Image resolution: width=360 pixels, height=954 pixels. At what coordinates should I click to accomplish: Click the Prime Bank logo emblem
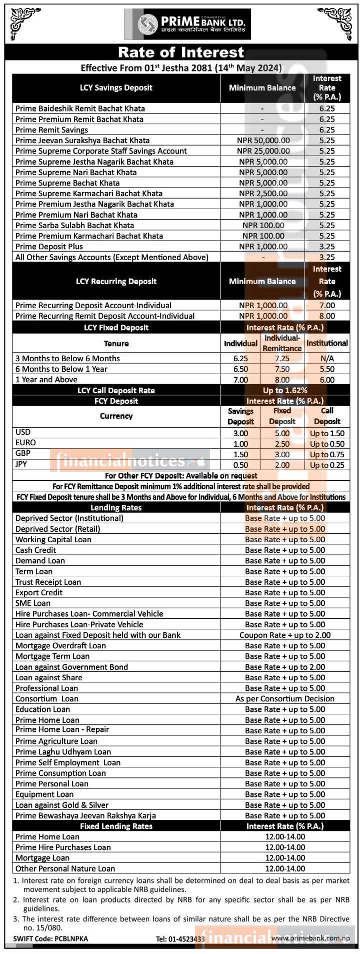(x=147, y=24)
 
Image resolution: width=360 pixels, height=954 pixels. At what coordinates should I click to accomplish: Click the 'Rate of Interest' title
(x=181, y=52)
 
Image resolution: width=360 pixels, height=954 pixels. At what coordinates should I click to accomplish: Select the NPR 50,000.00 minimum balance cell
(x=263, y=141)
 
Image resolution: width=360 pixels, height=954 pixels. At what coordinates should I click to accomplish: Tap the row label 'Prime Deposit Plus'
(x=49, y=247)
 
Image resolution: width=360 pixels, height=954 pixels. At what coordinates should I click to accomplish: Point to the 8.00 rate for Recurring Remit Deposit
(x=327, y=316)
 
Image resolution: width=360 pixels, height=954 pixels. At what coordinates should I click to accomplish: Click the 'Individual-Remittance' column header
(x=282, y=343)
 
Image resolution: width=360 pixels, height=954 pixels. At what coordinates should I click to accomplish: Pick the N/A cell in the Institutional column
(x=327, y=359)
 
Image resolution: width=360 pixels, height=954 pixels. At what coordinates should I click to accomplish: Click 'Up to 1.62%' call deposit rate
(x=285, y=391)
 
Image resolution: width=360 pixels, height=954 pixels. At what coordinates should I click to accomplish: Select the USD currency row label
(x=23, y=432)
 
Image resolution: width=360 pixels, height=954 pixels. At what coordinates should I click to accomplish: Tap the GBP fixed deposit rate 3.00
(x=282, y=455)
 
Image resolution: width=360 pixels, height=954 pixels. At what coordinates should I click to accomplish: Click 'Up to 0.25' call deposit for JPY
(x=327, y=465)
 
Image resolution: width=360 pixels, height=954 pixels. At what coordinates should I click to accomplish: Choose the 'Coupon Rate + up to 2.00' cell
(x=285, y=635)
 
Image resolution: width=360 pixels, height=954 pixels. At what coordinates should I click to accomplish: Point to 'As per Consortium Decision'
(x=285, y=699)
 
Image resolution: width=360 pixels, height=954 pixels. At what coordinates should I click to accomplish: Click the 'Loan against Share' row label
(x=48, y=678)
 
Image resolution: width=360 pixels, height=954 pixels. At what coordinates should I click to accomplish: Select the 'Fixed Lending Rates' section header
(x=116, y=826)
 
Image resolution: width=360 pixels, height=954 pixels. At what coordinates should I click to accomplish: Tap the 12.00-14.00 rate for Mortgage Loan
(x=285, y=858)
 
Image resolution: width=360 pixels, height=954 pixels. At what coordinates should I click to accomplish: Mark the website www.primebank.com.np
(x=310, y=938)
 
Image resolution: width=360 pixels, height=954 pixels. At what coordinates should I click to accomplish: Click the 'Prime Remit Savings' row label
(x=51, y=130)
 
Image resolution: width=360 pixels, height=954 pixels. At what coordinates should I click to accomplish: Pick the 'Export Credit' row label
(x=39, y=593)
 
